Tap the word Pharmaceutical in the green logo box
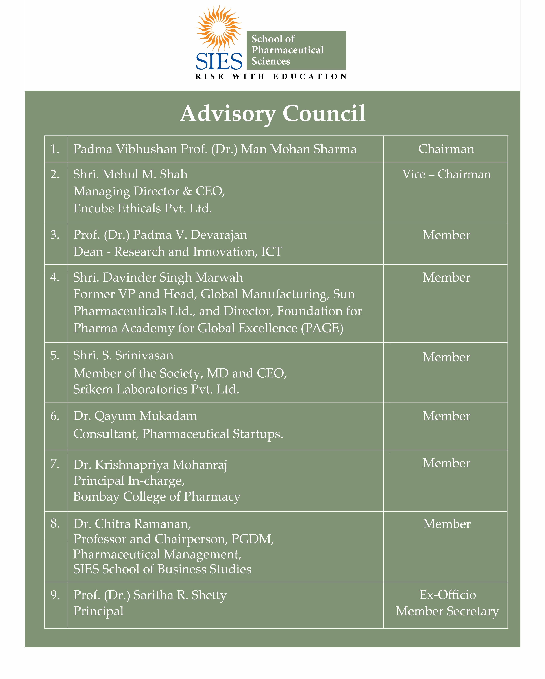click(287, 50)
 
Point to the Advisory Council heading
click(272, 113)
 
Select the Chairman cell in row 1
click(446, 149)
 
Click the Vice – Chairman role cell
click(446, 175)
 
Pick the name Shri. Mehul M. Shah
click(130, 175)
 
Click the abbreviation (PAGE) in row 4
click(322, 328)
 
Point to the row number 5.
click(55, 355)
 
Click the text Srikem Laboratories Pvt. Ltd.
click(156, 389)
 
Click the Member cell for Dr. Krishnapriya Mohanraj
click(446, 463)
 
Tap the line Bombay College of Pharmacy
click(157, 497)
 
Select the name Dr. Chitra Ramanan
click(132, 524)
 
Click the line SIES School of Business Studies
click(162, 569)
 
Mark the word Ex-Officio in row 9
click(447, 595)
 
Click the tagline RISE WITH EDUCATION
click(271, 77)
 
